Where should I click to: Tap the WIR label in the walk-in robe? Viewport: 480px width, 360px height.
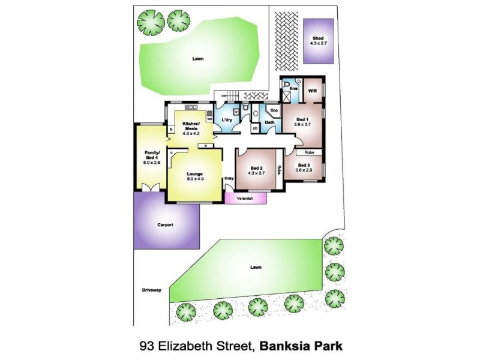click(313, 91)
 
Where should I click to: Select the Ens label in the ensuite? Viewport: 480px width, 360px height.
click(293, 89)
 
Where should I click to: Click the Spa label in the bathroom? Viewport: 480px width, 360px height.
click(274, 110)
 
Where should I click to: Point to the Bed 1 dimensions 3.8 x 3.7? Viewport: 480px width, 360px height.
click(302, 124)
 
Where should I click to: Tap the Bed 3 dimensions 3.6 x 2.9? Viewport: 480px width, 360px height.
click(303, 170)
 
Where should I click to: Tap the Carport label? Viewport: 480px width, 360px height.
click(165, 225)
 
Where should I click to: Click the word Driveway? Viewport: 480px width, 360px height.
click(152, 290)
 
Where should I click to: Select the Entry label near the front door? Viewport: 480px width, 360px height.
click(229, 178)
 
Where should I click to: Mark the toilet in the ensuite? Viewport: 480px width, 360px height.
click(287, 84)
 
